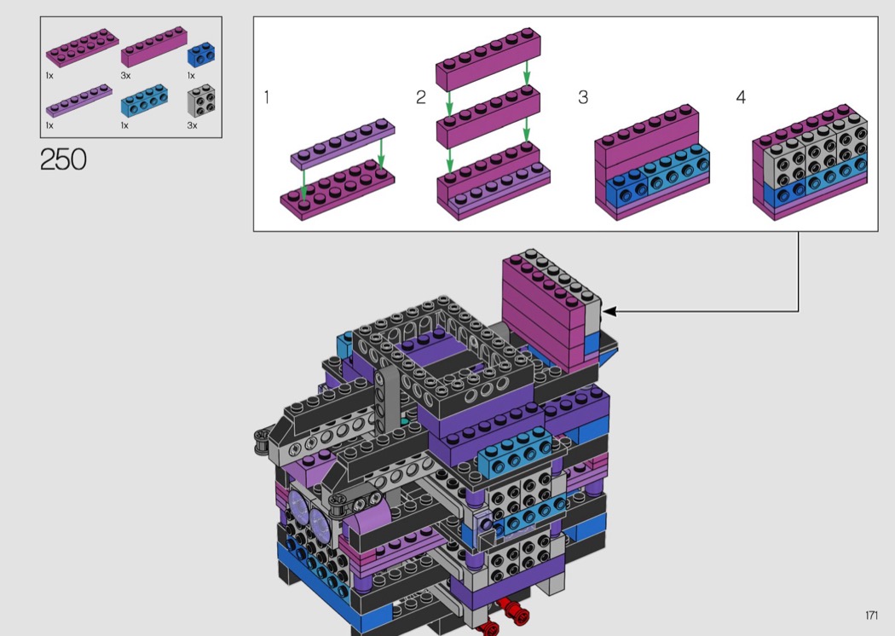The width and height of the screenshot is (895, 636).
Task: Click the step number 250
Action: tap(63, 159)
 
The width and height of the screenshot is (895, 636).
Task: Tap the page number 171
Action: tap(871, 615)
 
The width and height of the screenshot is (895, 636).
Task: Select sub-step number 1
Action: tap(267, 97)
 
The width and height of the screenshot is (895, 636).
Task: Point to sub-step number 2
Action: tap(421, 97)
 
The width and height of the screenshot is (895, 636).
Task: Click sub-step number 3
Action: tap(583, 97)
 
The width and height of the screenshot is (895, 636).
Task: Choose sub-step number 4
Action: tap(741, 97)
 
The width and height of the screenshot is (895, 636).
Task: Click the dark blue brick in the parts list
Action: tap(201, 55)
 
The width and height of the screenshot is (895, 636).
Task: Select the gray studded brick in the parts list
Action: tap(201, 101)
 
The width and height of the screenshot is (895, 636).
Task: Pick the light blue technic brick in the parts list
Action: tap(144, 101)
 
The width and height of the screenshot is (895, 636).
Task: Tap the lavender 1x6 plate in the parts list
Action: tap(78, 101)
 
